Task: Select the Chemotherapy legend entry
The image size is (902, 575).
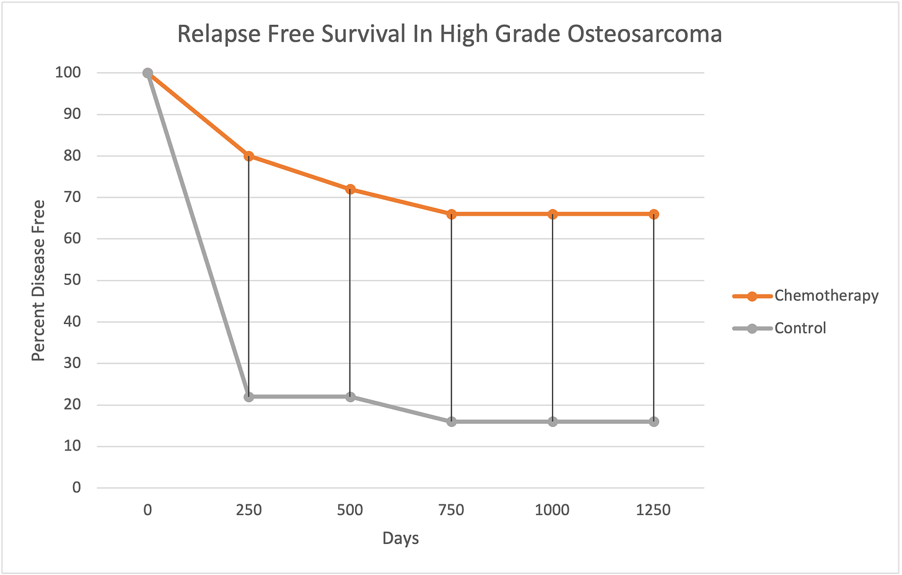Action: pos(826,296)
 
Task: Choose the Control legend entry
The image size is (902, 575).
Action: pos(800,328)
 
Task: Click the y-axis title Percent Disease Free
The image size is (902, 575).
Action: pos(38,280)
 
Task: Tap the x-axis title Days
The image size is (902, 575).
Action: pos(400,538)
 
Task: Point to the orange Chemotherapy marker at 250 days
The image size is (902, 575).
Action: pos(249,156)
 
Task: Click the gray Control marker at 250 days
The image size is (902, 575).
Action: pos(249,397)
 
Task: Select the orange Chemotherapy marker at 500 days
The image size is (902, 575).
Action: pos(350,189)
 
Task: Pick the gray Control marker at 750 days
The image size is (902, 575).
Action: pos(452,421)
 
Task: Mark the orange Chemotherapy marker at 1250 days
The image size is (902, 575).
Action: pos(654,214)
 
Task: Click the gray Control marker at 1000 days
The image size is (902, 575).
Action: pos(553,421)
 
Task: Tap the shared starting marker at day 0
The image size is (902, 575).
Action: pos(147,73)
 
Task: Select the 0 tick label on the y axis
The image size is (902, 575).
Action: pos(77,488)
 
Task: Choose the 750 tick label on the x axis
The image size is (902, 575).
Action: pos(451,510)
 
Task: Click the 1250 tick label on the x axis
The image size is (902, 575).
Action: pos(654,510)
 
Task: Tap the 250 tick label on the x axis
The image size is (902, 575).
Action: pos(249,510)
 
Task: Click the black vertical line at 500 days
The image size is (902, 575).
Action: pos(350,291)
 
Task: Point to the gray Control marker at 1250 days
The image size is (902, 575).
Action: pos(654,421)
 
